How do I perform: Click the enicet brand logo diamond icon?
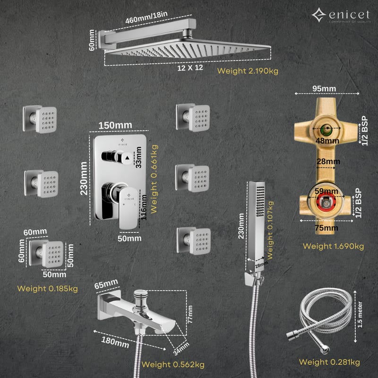tap(319, 15)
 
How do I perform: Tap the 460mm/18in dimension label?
tap(146, 17)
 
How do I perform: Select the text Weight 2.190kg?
tap(248, 71)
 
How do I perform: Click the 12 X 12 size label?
tap(190, 68)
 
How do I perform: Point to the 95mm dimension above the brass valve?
tap(324, 88)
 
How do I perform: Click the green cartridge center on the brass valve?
tap(327, 129)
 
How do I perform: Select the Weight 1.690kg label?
tap(333, 246)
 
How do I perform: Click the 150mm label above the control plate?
tap(115, 125)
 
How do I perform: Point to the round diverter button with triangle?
tap(127, 158)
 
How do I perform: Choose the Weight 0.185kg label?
tap(48, 289)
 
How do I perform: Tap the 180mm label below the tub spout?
tap(115, 342)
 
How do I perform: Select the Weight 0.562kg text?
tap(173, 364)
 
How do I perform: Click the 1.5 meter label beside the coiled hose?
tap(360, 314)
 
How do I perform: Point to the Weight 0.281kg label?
tap(329, 362)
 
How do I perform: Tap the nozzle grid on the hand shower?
tap(260, 201)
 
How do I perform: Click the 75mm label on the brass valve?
tap(326, 228)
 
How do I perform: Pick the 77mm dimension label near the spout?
tap(190, 314)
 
